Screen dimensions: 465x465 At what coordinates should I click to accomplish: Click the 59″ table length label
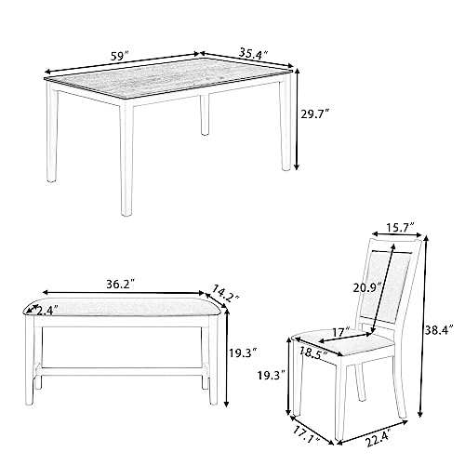click(120, 57)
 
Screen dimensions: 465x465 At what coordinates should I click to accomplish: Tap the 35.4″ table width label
click(253, 53)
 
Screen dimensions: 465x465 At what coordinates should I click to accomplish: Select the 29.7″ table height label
click(314, 114)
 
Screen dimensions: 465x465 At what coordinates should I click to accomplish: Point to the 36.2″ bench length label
click(121, 284)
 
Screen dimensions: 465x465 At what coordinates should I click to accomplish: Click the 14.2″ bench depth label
click(225, 293)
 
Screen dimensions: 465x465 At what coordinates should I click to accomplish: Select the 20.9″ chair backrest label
click(367, 288)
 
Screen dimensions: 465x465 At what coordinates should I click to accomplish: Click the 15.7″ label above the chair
click(400, 227)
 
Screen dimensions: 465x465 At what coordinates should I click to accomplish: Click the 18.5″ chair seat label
click(313, 352)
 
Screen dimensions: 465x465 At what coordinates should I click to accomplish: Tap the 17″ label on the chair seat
click(340, 332)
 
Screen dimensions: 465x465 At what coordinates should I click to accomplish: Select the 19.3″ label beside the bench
click(244, 352)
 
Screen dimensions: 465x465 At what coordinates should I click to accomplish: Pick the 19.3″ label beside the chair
click(272, 376)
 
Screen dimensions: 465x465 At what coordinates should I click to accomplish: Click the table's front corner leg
click(126, 158)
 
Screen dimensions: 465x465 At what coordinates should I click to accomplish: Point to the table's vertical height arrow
click(297, 119)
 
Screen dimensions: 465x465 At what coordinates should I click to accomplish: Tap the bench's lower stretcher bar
click(121, 371)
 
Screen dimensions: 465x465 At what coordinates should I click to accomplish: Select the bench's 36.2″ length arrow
click(124, 293)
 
